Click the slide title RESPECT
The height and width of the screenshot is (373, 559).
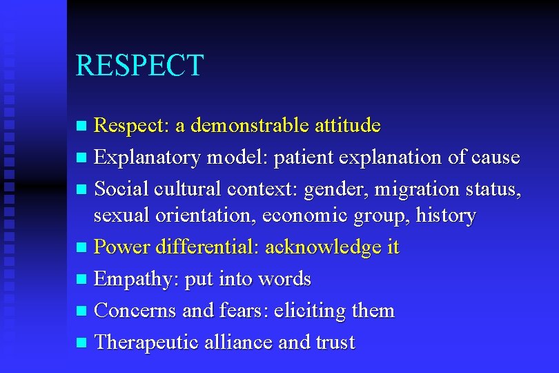tap(139, 66)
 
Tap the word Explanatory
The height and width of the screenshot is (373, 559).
tap(146, 157)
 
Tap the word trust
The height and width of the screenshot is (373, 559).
tap(334, 343)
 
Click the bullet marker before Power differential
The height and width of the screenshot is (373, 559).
tap(82, 248)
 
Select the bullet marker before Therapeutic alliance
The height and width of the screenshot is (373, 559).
tap(82, 343)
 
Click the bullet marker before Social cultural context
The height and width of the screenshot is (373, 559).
tap(82, 189)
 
